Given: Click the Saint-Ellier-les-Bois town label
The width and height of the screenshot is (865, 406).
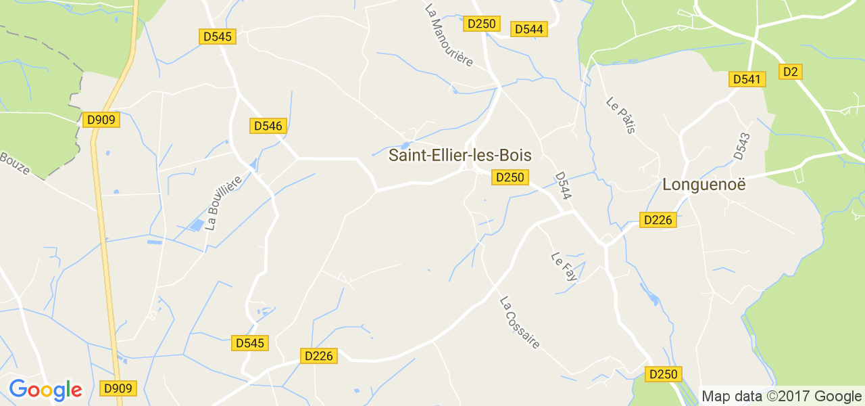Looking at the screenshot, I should click(460, 156).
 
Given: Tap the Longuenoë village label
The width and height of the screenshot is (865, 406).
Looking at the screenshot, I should click(703, 184).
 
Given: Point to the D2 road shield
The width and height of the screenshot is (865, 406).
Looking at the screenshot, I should click(791, 72).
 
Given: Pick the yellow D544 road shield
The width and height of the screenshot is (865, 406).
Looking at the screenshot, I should click(529, 29).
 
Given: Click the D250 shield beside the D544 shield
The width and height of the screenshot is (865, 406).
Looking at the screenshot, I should click(482, 24).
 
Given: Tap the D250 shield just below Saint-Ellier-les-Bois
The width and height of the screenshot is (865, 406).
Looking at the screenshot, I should click(510, 177).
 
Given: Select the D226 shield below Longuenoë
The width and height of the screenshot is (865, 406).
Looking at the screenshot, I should click(658, 220).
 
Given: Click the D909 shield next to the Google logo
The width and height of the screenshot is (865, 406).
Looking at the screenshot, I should click(118, 388).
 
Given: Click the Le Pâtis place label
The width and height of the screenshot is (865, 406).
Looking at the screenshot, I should click(621, 115).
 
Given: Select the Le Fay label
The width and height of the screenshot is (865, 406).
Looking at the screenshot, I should click(564, 267).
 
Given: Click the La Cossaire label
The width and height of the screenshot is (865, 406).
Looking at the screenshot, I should click(520, 322).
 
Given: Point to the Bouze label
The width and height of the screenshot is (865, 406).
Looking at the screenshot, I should click(15, 163).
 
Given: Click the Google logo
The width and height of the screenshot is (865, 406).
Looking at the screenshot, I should click(45, 390).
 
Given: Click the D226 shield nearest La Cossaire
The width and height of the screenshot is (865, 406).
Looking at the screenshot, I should click(318, 356).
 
